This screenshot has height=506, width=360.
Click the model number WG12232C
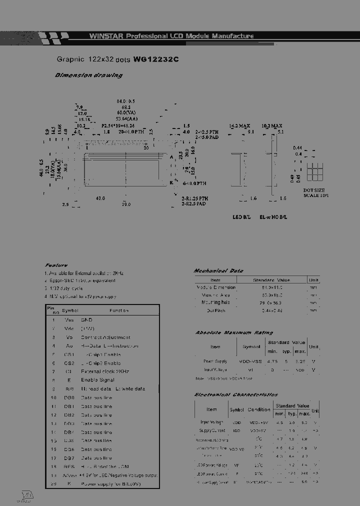[x=155, y=59]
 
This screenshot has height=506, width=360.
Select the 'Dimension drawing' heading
[x=88, y=75]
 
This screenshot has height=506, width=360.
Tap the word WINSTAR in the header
[x=106, y=36]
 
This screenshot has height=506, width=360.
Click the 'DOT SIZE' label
[x=314, y=190]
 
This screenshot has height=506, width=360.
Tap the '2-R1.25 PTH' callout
[x=195, y=198]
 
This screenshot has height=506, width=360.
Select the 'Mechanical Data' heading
[x=218, y=270]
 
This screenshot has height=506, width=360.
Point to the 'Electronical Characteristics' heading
[x=236, y=395]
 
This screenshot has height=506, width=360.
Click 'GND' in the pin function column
[x=86, y=319]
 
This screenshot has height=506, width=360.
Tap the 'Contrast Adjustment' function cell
[x=105, y=337]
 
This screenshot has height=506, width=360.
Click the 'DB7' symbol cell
[x=69, y=458]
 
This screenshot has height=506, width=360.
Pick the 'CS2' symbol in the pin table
[x=69, y=363]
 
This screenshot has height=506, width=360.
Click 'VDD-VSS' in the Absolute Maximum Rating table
[x=251, y=360]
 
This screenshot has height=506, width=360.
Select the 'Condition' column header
[x=258, y=409]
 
